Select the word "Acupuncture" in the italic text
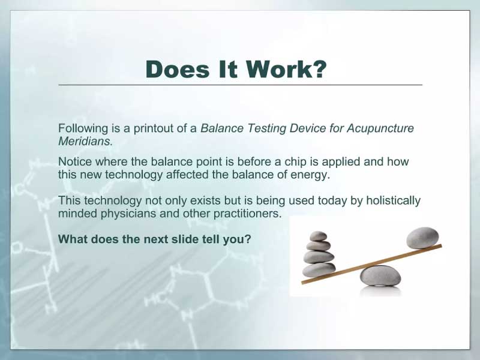(x=380, y=128)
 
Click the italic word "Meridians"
(x=84, y=141)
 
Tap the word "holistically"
(x=393, y=201)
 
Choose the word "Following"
(x=83, y=128)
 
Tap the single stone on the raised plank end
(x=422, y=238)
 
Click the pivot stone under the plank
(x=380, y=275)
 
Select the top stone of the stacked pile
(x=319, y=236)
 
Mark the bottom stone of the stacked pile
(x=319, y=269)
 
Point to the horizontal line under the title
(x=241, y=85)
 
